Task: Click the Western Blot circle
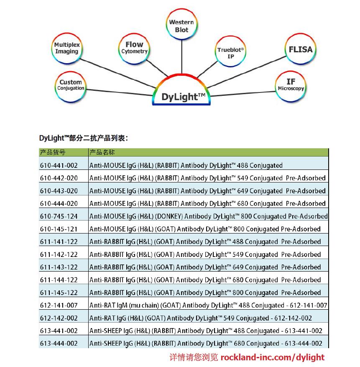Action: (181, 26)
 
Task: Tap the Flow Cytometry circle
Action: (134, 48)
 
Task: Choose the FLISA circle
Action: (300, 49)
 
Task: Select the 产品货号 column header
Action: (53, 152)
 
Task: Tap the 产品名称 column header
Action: (102, 152)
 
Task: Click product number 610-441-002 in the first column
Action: (59, 165)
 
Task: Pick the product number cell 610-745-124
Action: (59, 216)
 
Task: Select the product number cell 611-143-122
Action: (59, 267)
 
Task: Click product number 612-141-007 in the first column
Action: (59, 305)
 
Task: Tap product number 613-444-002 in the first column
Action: (59, 343)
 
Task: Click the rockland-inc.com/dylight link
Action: (272, 357)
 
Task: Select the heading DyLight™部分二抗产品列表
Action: (83, 138)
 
